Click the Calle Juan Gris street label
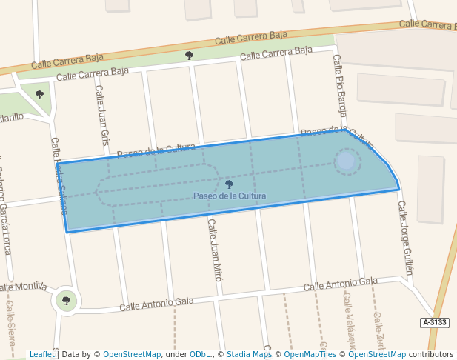[101, 116]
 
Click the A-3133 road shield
[435, 322]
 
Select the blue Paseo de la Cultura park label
[230, 196]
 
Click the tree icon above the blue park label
[229, 184]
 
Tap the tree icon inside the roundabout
[67, 300]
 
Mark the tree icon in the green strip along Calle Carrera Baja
[189, 55]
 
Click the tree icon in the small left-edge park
[39, 94]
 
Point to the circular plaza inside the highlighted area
[346, 161]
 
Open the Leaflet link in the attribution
[41, 354]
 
